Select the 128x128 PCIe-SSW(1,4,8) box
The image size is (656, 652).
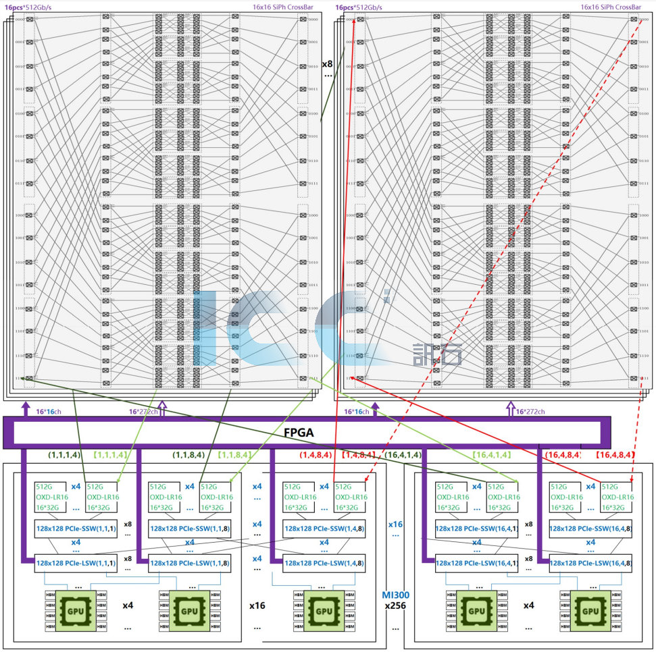[325, 530]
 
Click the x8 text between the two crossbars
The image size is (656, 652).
[327, 64]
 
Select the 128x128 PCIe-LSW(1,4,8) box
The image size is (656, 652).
[325, 562]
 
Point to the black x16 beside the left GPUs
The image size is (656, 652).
[257, 605]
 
